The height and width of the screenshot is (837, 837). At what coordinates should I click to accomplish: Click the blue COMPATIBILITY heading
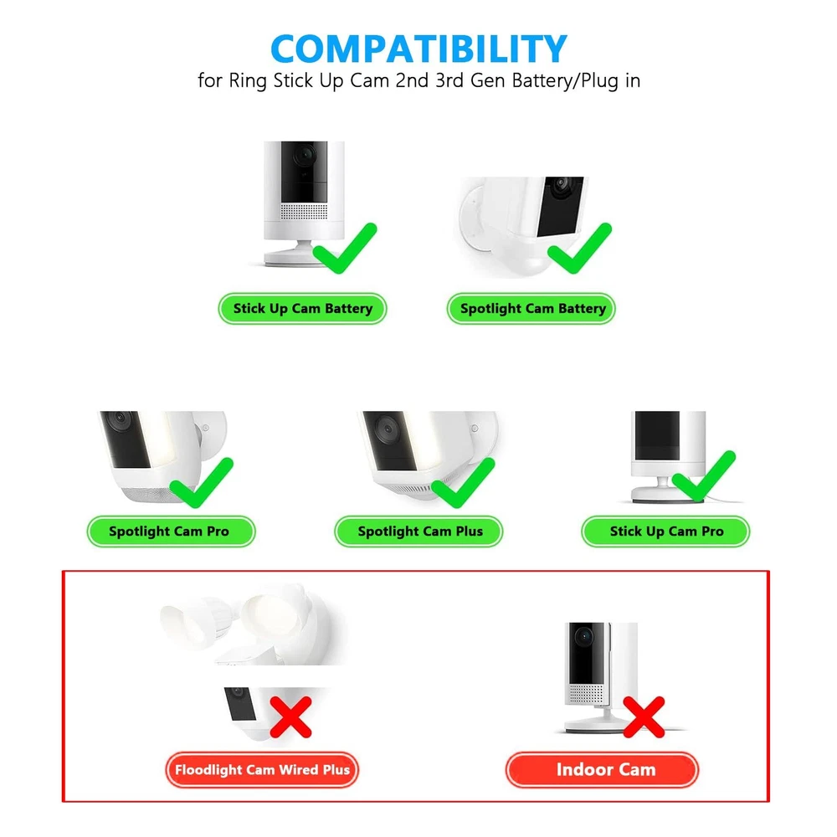[418, 49]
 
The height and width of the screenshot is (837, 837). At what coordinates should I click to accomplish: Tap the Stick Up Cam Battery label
[302, 309]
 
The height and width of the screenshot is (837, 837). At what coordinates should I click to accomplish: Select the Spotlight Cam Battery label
[531, 309]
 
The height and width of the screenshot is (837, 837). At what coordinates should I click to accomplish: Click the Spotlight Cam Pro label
[171, 531]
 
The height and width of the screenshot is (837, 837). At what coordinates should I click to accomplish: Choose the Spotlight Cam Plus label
[418, 531]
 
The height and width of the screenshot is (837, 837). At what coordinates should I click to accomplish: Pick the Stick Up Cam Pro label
[665, 531]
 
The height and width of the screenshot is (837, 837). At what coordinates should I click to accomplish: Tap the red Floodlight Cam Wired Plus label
[262, 770]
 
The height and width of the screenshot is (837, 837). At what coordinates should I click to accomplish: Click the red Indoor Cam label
[602, 770]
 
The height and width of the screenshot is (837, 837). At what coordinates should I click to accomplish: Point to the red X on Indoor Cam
[644, 717]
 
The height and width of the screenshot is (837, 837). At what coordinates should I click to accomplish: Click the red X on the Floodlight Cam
[290, 717]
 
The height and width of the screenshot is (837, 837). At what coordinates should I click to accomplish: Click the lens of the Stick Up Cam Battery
[305, 156]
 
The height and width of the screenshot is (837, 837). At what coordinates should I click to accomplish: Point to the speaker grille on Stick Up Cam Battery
[305, 212]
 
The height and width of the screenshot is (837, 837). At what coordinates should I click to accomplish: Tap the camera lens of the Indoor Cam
[584, 636]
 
